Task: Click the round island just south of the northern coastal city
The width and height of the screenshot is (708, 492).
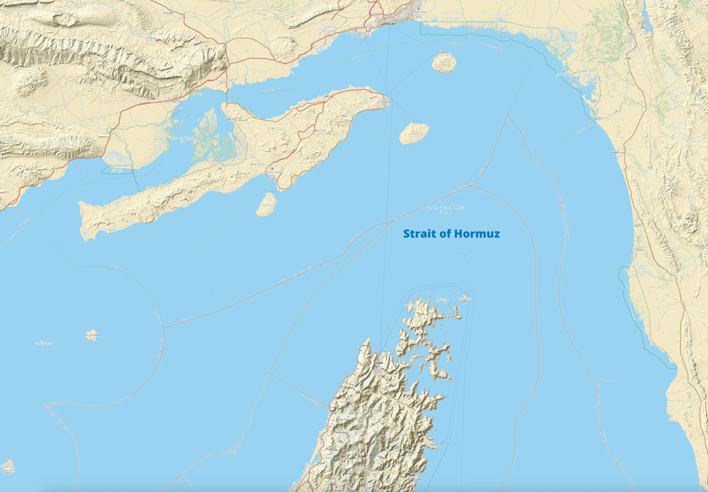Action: click(444, 62)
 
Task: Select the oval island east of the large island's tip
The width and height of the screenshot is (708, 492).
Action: click(414, 134)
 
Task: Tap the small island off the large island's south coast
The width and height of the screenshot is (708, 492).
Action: click(267, 204)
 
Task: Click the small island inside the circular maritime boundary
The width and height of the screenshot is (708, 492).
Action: click(90, 335)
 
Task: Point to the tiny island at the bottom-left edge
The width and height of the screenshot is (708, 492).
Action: click(8, 467)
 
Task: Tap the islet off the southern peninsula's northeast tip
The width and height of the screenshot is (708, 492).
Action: click(465, 299)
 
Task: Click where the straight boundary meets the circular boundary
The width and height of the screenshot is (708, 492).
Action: click(164, 328)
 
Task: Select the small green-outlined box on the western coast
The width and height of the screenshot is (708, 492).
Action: click(117, 170)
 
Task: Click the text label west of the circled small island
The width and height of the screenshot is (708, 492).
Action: click(43, 342)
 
